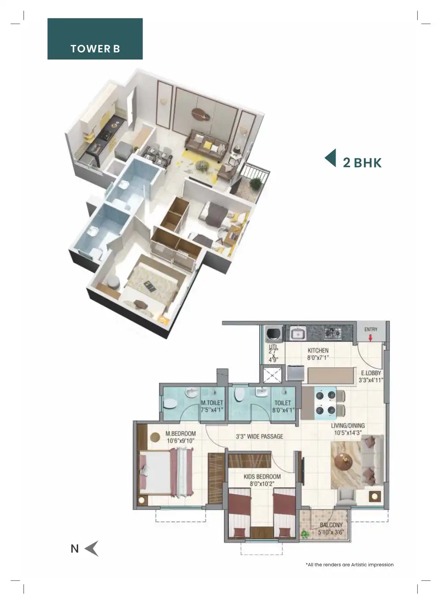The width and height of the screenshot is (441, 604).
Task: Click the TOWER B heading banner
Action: point(95,39)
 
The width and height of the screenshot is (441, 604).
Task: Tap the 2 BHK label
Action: point(362,163)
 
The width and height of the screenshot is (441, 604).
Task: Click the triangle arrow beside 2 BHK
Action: point(330,158)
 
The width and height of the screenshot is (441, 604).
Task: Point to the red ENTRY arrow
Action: point(370,338)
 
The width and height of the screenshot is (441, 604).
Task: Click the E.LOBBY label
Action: point(370,376)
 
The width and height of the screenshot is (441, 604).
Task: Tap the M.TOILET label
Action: point(212,406)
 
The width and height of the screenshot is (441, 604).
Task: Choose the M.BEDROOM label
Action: point(180,437)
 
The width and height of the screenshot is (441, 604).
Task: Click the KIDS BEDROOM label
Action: point(262,480)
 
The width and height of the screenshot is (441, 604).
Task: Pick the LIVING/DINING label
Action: point(348,429)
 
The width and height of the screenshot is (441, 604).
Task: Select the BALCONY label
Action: point(331,528)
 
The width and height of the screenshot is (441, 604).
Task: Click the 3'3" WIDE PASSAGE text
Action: point(259,436)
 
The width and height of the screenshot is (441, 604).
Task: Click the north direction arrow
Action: point(91,548)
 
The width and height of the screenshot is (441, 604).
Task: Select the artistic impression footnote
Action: point(349,564)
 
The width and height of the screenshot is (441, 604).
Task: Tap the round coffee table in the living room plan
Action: point(344,462)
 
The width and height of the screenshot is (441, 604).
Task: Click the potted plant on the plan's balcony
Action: point(304,534)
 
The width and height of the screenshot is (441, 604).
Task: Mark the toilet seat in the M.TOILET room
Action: point(169,403)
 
